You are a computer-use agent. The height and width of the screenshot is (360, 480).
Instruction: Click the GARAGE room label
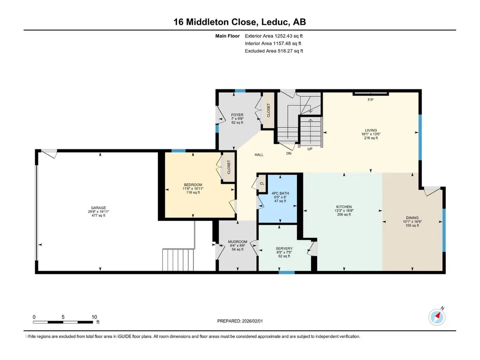[x=98, y=208]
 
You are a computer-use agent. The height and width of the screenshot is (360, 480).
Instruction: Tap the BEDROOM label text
[x=193, y=185]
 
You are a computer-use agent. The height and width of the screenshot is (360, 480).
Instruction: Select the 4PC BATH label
[x=280, y=193]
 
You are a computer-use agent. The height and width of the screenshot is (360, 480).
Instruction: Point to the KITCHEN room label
[x=344, y=207]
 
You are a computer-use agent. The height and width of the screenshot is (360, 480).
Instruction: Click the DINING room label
[x=413, y=218]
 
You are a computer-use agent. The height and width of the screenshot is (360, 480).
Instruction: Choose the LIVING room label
[x=371, y=131]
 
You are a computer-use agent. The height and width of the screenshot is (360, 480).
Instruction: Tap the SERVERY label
[x=284, y=249]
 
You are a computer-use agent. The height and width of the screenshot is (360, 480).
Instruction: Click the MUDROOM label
[x=237, y=242]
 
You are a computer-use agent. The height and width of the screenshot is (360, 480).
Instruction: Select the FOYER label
[x=237, y=115]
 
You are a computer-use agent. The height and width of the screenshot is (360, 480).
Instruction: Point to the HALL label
[x=259, y=155]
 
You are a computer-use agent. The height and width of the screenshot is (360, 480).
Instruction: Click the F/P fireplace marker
[x=370, y=100]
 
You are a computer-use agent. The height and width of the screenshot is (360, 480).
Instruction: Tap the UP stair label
[x=310, y=149]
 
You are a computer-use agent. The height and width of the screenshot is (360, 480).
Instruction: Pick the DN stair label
[x=288, y=154]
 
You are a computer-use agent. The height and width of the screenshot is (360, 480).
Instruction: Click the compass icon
[x=437, y=317]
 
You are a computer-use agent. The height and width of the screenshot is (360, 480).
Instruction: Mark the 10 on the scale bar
[x=94, y=317]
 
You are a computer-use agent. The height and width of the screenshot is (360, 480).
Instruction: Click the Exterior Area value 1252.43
[x=283, y=36]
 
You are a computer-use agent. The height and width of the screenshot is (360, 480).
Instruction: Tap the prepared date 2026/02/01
[x=252, y=321]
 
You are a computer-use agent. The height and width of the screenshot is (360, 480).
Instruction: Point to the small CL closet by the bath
[x=262, y=184]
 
